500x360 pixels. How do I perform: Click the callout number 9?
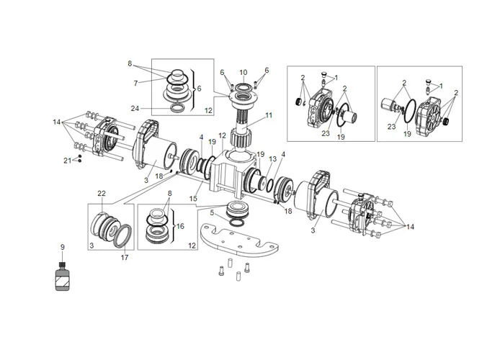(x=63, y=248)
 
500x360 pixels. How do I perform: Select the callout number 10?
(x=244, y=72)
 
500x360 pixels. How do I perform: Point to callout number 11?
(x=269, y=114)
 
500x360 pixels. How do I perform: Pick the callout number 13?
(x=272, y=160)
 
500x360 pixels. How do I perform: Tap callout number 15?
(x=194, y=199)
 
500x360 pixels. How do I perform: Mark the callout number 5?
(x=211, y=213)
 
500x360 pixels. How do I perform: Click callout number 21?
(x=67, y=160)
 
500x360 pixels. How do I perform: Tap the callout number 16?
(x=181, y=225)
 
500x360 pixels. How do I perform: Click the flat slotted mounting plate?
(x=238, y=241)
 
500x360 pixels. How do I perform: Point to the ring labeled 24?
(x=175, y=108)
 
